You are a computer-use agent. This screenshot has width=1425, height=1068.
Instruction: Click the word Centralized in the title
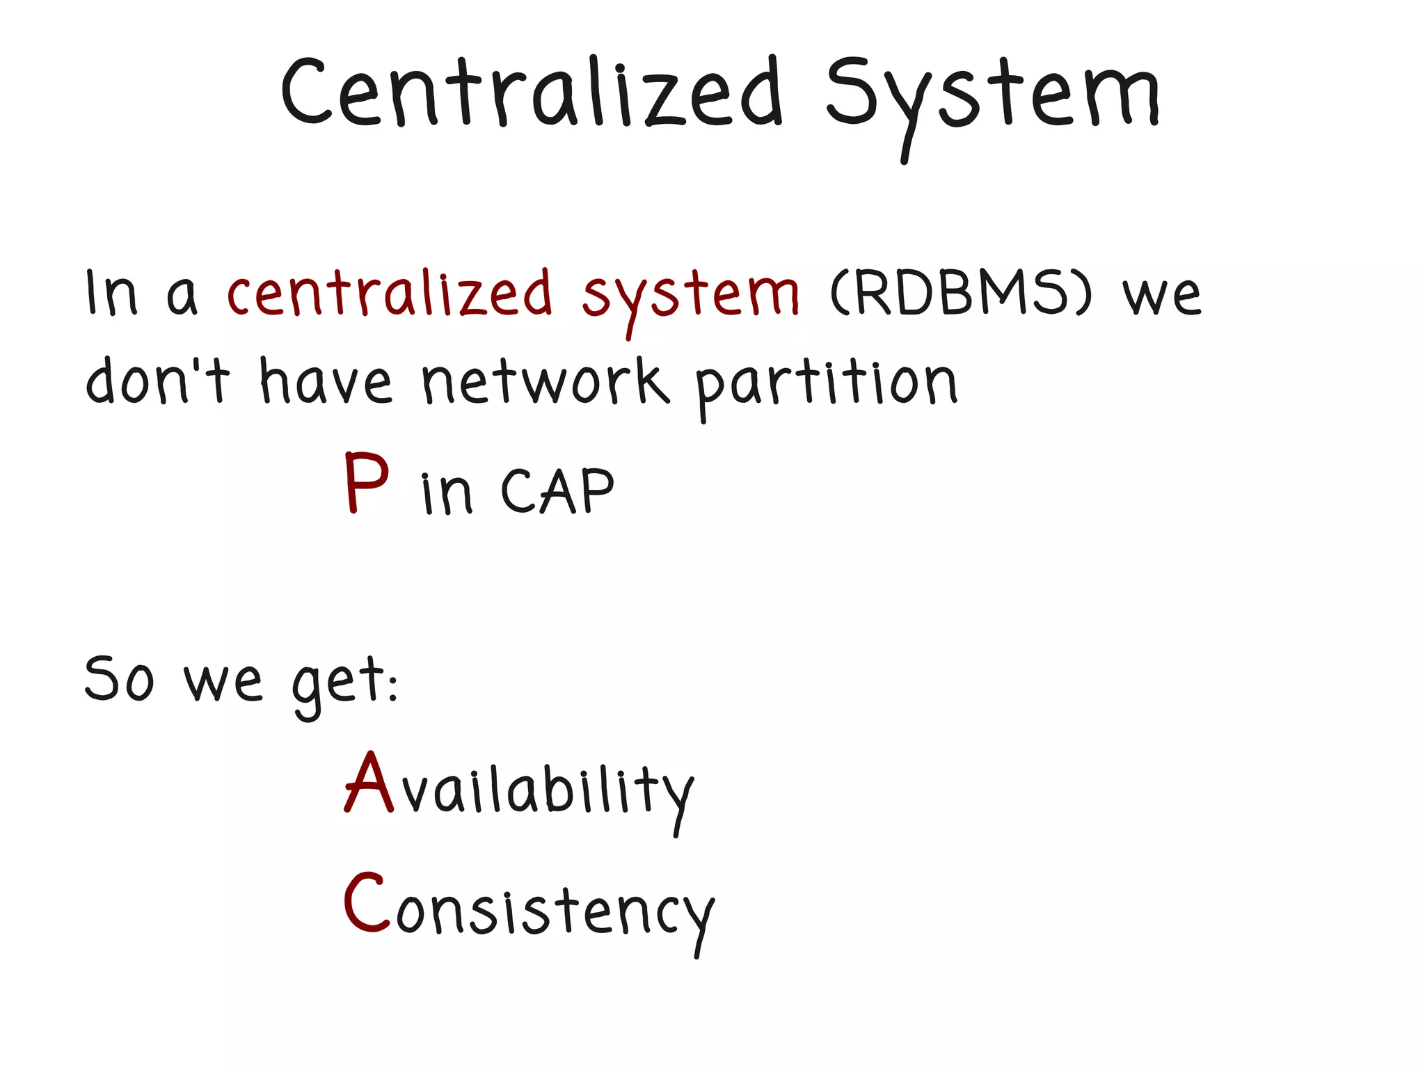coord(532,94)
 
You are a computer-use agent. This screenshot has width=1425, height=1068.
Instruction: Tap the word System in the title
coord(992,97)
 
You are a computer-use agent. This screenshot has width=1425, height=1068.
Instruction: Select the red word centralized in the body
coord(390,294)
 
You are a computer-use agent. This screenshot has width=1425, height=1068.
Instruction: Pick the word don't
coord(157,381)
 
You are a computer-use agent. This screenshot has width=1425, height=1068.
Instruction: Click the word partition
coord(827,384)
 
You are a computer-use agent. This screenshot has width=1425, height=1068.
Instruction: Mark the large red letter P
coord(366,482)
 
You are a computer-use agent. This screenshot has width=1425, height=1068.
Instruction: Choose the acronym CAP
coord(557,491)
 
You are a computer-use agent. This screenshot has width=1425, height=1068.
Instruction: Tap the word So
coord(118,678)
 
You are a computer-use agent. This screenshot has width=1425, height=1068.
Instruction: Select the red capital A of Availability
coord(369,782)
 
